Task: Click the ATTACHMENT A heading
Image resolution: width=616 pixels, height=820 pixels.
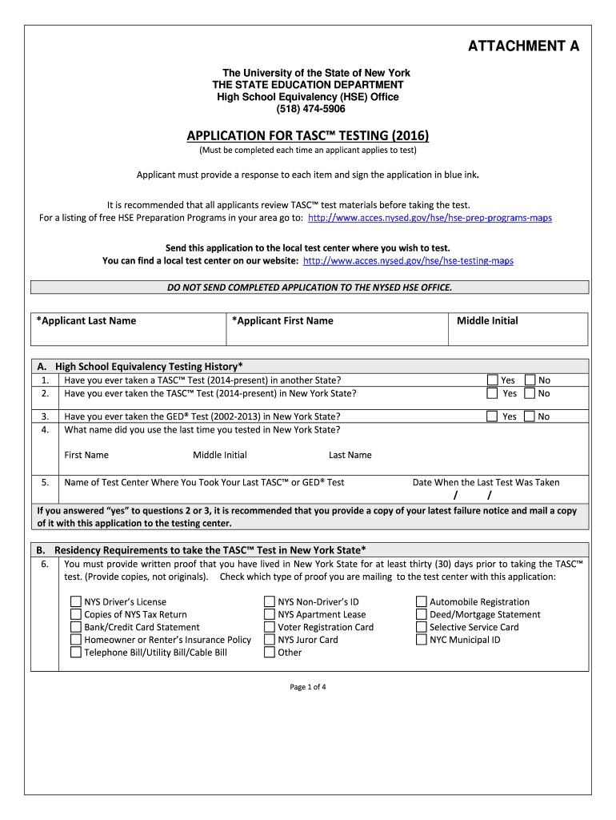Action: [x=523, y=46]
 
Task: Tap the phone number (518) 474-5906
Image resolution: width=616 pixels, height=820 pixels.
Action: [x=311, y=109]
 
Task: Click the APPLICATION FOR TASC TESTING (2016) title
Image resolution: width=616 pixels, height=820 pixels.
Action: [x=308, y=136]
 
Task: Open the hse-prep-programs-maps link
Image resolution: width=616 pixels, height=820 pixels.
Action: [x=430, y=218]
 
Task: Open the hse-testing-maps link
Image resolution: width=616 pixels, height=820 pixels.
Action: [x=408, y=261]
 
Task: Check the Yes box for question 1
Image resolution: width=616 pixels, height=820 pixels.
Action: [x=493, y=380]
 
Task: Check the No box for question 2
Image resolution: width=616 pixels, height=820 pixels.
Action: [x=530, y=393]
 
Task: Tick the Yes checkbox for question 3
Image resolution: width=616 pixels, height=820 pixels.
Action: [x=493, y=416]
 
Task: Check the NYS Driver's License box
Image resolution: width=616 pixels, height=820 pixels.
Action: [x=75, y=602]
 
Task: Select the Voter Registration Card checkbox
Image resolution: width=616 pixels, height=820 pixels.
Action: [x=270, y=627]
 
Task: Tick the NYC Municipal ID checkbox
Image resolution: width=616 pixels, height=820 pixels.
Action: [x=422, y=640]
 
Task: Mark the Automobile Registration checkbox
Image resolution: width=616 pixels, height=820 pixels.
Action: [x=422, y=602]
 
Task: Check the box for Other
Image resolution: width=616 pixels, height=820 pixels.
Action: [x=270, y=653]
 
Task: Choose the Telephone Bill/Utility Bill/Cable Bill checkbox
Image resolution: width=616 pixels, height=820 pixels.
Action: [x=75, y=653]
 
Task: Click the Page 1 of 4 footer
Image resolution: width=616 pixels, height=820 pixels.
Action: [x=308, y=687]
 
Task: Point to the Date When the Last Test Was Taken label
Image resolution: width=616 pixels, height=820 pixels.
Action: [x=486, y=482]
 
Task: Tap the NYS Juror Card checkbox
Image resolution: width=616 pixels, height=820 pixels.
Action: [x=270, y=640]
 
